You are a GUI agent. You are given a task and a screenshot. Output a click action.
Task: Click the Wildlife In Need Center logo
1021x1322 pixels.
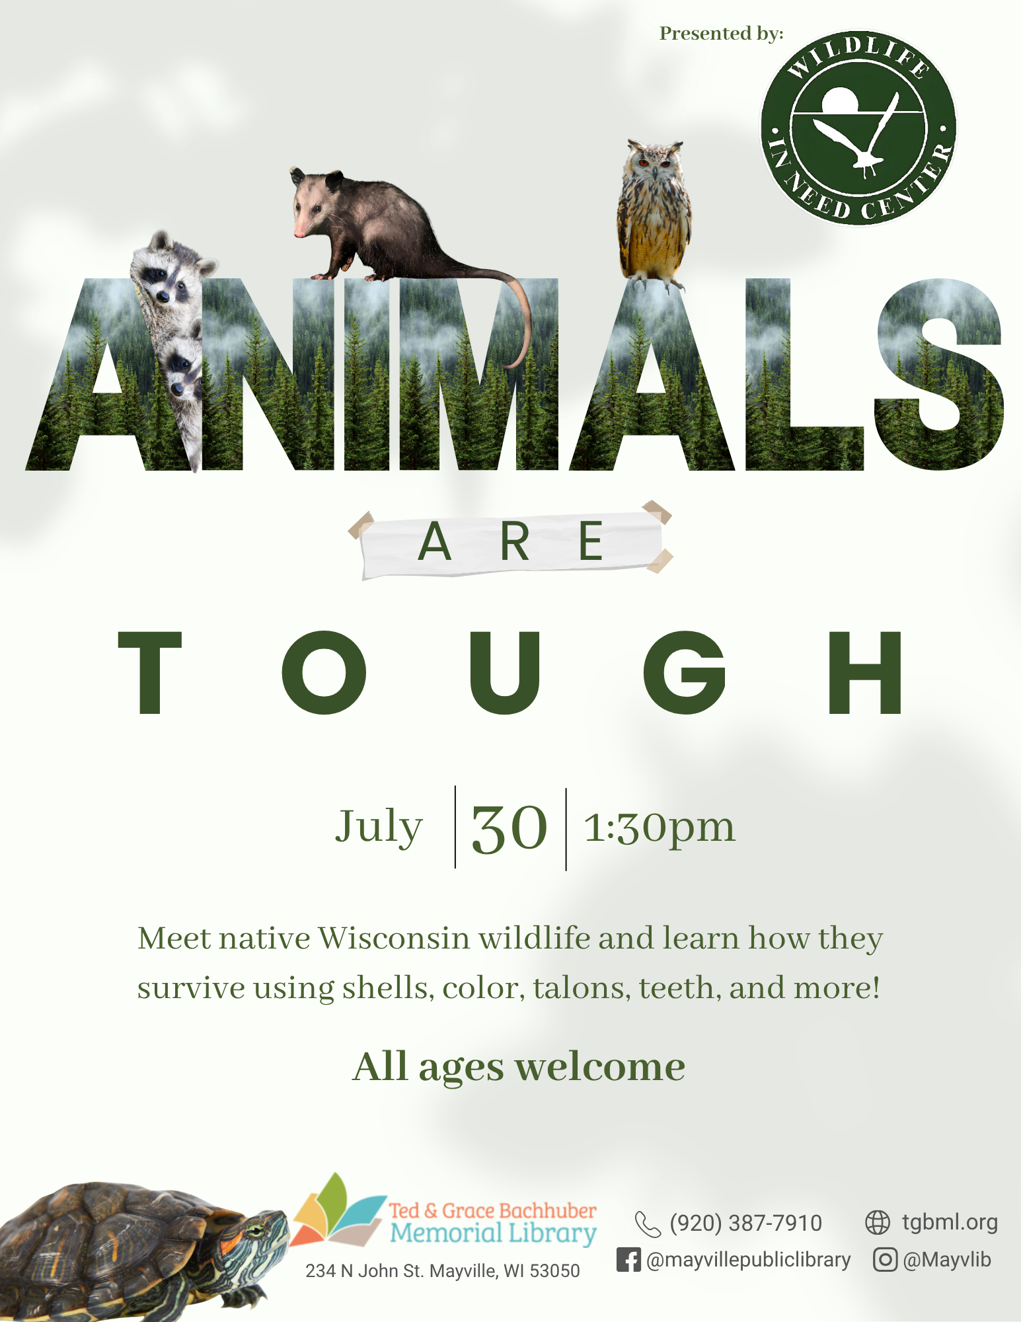click(x=858, y=128)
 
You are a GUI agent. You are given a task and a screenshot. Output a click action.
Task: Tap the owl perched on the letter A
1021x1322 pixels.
click(x=654, y=215)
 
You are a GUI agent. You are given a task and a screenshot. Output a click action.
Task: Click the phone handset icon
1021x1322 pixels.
click(x=648, y=1224)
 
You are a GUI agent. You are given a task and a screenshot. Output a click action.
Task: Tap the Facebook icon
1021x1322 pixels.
click(x=628, y=1259)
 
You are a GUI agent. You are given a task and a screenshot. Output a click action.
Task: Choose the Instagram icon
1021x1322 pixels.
click(x=885, y=1259)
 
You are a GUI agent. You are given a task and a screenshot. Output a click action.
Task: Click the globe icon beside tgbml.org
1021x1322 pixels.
click(x=878, y=1222)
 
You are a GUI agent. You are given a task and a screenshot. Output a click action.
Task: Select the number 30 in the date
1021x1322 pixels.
click(x=510, y=828)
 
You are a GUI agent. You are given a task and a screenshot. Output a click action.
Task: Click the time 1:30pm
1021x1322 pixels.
click(x=660, y=828)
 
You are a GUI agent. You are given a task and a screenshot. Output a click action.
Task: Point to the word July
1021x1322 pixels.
click(x=379, y=827)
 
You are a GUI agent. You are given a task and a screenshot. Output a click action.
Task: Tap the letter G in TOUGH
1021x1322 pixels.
click(x=685, y=672)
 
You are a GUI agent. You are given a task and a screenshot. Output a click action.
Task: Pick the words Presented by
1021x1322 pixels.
click(x=721, y=34)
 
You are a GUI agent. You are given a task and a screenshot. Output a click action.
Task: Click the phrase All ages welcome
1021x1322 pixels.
click(x=519, y=1067)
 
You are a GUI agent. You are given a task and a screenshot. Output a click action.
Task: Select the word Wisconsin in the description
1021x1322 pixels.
click(x=394, y=939)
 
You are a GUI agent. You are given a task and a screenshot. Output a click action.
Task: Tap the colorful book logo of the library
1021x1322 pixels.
click(x=339, y=1210)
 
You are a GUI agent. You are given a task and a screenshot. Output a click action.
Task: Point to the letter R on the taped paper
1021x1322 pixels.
click(x=515, y=541)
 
